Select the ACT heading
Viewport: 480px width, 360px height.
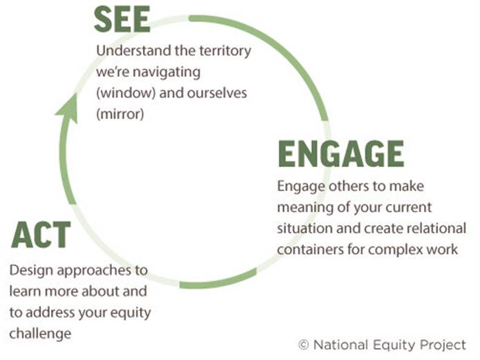41,235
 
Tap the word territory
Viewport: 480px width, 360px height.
222,51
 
